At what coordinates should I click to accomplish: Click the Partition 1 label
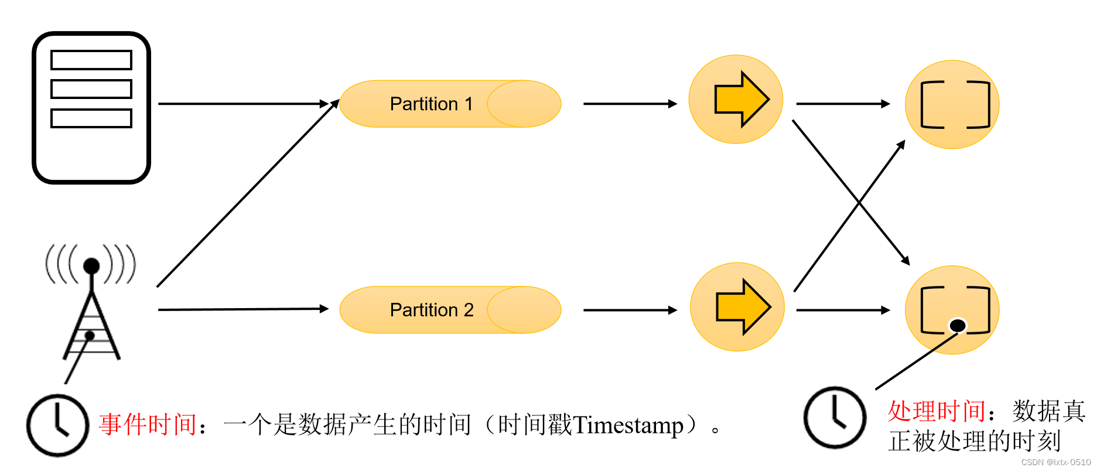431,104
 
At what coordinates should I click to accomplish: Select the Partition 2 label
431,310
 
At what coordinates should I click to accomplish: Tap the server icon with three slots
91,108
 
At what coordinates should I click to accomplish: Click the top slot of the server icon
91,60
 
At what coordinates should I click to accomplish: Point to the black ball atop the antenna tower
91,266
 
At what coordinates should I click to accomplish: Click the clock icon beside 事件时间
57,425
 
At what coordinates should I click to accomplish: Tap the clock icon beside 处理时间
835,417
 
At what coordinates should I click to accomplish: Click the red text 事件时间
148,425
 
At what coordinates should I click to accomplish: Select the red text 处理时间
936,411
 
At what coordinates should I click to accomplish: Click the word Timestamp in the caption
628,425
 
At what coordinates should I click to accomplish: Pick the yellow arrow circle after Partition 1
736,99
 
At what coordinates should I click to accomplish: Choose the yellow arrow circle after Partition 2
737,307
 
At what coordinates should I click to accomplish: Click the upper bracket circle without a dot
952,104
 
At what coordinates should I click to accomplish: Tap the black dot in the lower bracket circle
957,325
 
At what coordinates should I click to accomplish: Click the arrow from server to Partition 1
243,104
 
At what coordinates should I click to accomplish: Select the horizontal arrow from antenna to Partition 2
243,309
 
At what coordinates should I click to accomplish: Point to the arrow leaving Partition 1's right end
630,104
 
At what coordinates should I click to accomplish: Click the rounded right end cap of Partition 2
525,310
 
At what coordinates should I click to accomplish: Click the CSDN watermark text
1055,462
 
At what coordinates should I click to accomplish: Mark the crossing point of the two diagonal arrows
859,202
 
